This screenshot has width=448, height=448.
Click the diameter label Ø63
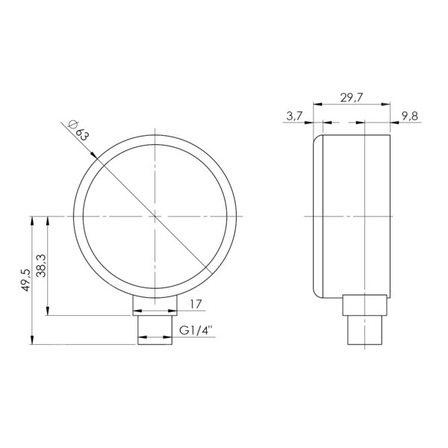78,130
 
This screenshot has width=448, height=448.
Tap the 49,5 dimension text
25,280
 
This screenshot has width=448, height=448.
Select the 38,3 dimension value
41,266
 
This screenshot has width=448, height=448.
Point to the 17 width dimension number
196,304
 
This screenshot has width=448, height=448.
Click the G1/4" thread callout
196,330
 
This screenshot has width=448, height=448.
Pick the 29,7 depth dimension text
352,98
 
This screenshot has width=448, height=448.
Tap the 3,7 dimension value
294,116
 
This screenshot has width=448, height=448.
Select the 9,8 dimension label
410,116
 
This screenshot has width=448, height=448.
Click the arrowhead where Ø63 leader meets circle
94,155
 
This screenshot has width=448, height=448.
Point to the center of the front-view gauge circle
155,217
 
